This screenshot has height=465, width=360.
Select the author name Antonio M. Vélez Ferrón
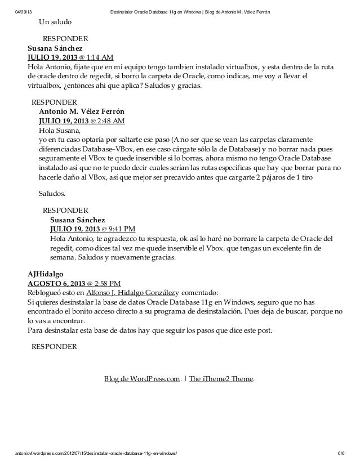[x=81, y=111]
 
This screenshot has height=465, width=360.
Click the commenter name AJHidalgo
[x=46, y=274]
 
